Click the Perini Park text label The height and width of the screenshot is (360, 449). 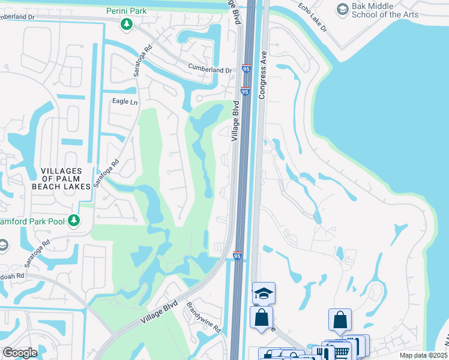(126, 11)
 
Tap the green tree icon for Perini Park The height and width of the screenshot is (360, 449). (126, 24)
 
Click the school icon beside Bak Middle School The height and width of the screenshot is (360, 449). (342, 8)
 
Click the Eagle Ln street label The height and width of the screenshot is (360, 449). (124, 101)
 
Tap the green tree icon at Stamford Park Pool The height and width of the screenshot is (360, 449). (74, 221)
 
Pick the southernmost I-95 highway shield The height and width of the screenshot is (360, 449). (238, 256)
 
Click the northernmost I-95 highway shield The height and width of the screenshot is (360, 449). (247, 70)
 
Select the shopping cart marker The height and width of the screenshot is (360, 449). (342, 352)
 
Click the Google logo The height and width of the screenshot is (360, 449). (20, 352)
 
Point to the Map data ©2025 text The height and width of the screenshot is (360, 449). (423, 355)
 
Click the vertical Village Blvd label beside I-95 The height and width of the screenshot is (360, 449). (235, 121)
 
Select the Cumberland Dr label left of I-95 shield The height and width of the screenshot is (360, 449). (209, 70)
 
